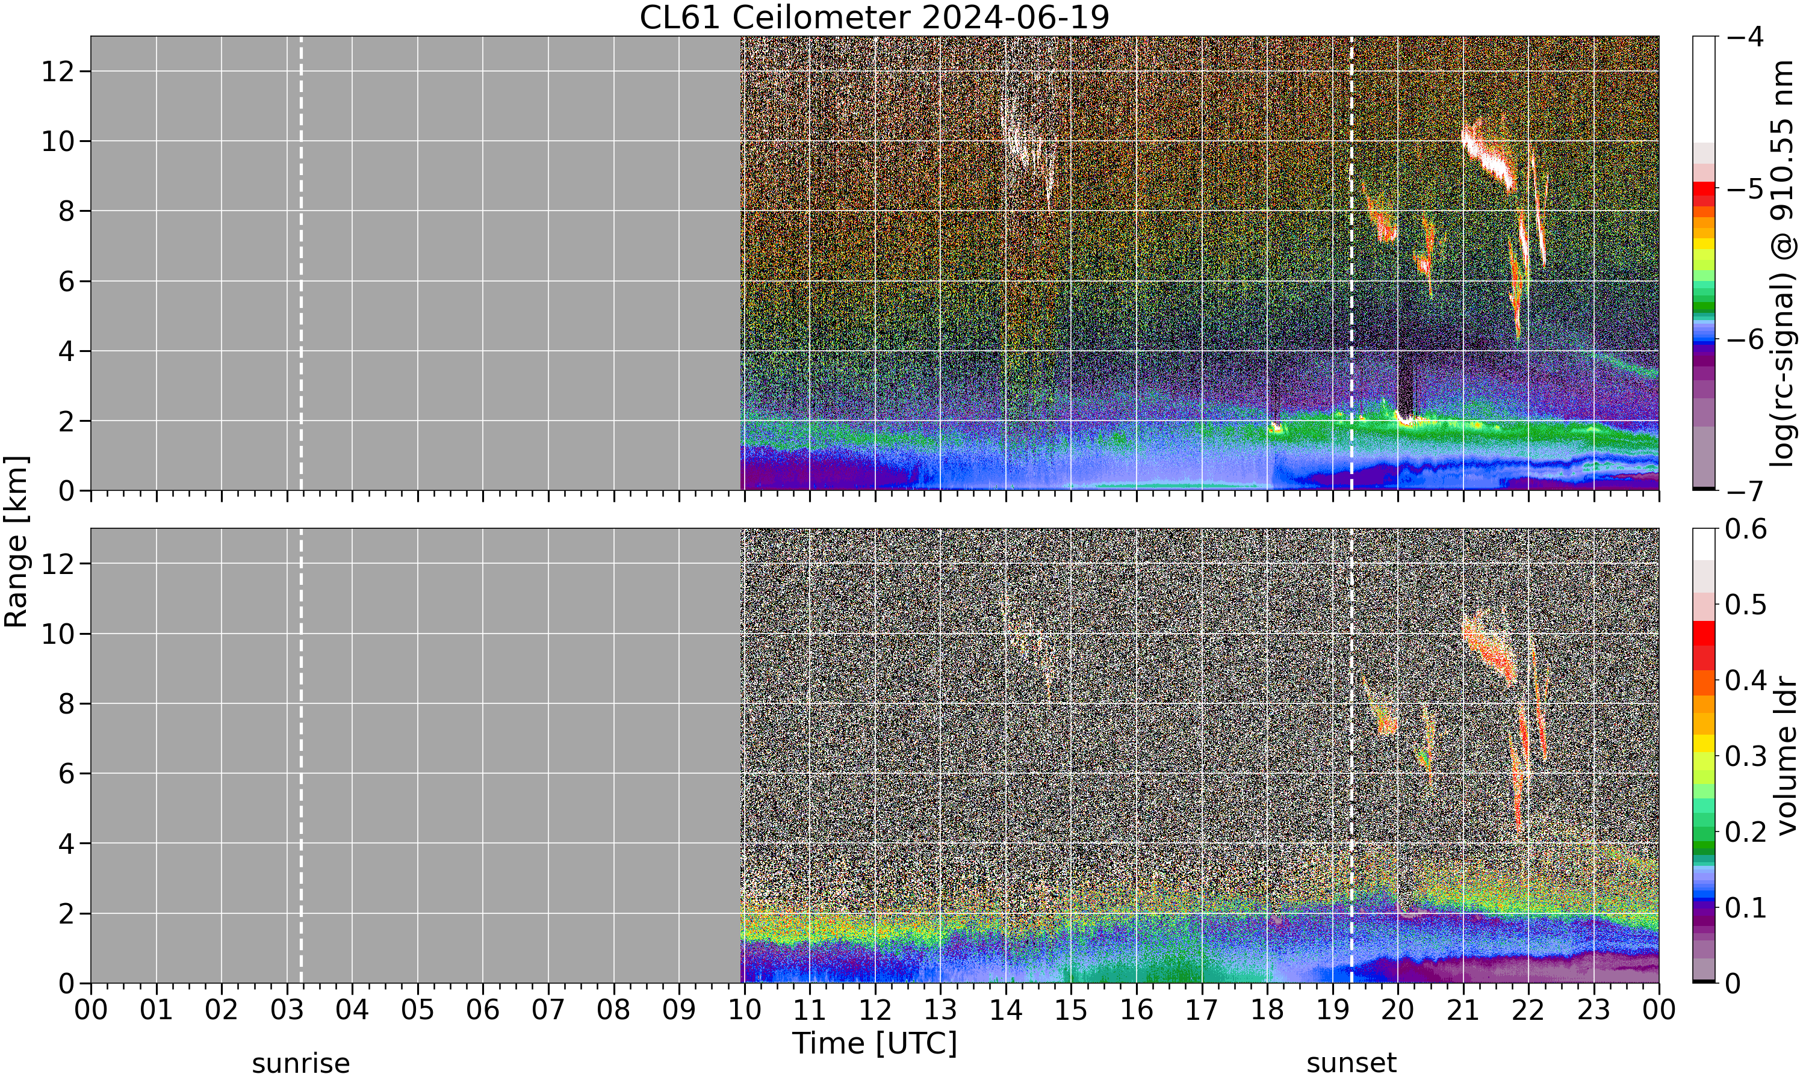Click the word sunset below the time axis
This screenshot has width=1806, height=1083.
point(1351,1063)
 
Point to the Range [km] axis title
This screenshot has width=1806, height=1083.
point(16,541)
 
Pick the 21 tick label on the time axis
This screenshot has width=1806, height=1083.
point(1463,1010)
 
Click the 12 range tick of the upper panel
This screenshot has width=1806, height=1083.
point(57,72)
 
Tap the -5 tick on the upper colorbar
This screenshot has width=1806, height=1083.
point(1746,188)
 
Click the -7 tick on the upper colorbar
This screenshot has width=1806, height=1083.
point(1746,490)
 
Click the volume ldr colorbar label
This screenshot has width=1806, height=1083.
point(1786,756)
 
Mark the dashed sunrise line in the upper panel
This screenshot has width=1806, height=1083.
point(301,264)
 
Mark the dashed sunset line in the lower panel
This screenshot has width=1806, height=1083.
point(1351,756)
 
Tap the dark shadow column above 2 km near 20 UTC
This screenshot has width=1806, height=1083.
point(1404,383)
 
